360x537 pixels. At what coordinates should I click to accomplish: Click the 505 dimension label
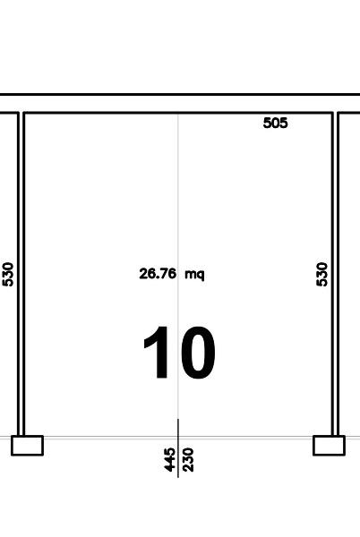[x=276, y=123]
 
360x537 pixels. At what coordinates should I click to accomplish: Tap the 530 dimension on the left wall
[x=7, y=274]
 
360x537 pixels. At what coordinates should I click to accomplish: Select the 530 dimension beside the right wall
[x=321, y=274]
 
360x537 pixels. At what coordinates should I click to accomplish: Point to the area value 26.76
[x=158, y=274]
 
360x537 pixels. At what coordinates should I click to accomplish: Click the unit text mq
[x=194, y=275]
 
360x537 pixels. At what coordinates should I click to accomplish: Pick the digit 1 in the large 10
[x=158, y=353]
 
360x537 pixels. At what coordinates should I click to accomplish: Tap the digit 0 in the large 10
[x=197, y=353]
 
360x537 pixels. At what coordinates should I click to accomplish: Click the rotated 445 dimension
[x=169, y=460]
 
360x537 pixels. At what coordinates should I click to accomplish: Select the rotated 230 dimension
[x=188, y=460]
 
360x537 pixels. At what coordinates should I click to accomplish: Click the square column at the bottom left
[x=28, y=446]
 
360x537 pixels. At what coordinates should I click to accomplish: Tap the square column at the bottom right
[x=330, y=446]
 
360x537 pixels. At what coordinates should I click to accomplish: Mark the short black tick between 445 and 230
[x=178, y=448]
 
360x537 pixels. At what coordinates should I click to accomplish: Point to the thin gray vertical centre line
[x=178, y=266]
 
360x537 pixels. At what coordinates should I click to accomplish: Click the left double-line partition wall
[x=21, y=274]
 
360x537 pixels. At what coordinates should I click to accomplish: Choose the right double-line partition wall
[x=335, y=274]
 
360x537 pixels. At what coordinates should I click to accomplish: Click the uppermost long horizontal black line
[x=180, y=94]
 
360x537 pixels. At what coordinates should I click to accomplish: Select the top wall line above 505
[x=178, y=113]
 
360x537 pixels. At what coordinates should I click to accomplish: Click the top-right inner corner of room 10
[x=331, y=114]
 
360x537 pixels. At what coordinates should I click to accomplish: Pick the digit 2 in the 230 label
[x=188, y=468]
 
